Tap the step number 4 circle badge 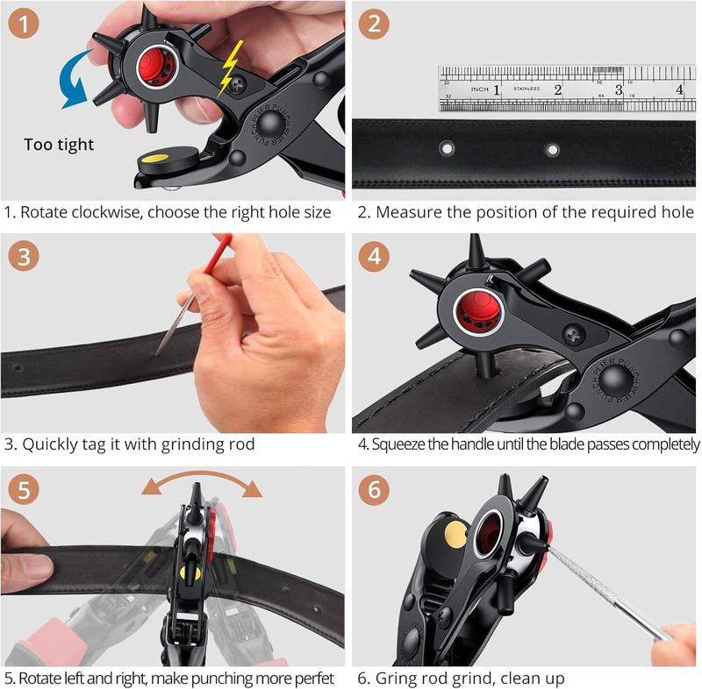pyautogui.click(x=375, y=257)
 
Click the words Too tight pyautogui.click(x=59, y=145)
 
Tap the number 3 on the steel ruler pyautogui.click(x=619, y=89)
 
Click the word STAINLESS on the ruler pyautogui.click(x=526, y=89)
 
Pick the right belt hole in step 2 pyautogui.click(x=553, y=150)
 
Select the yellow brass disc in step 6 pyautogui.click(x=455, y=531)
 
